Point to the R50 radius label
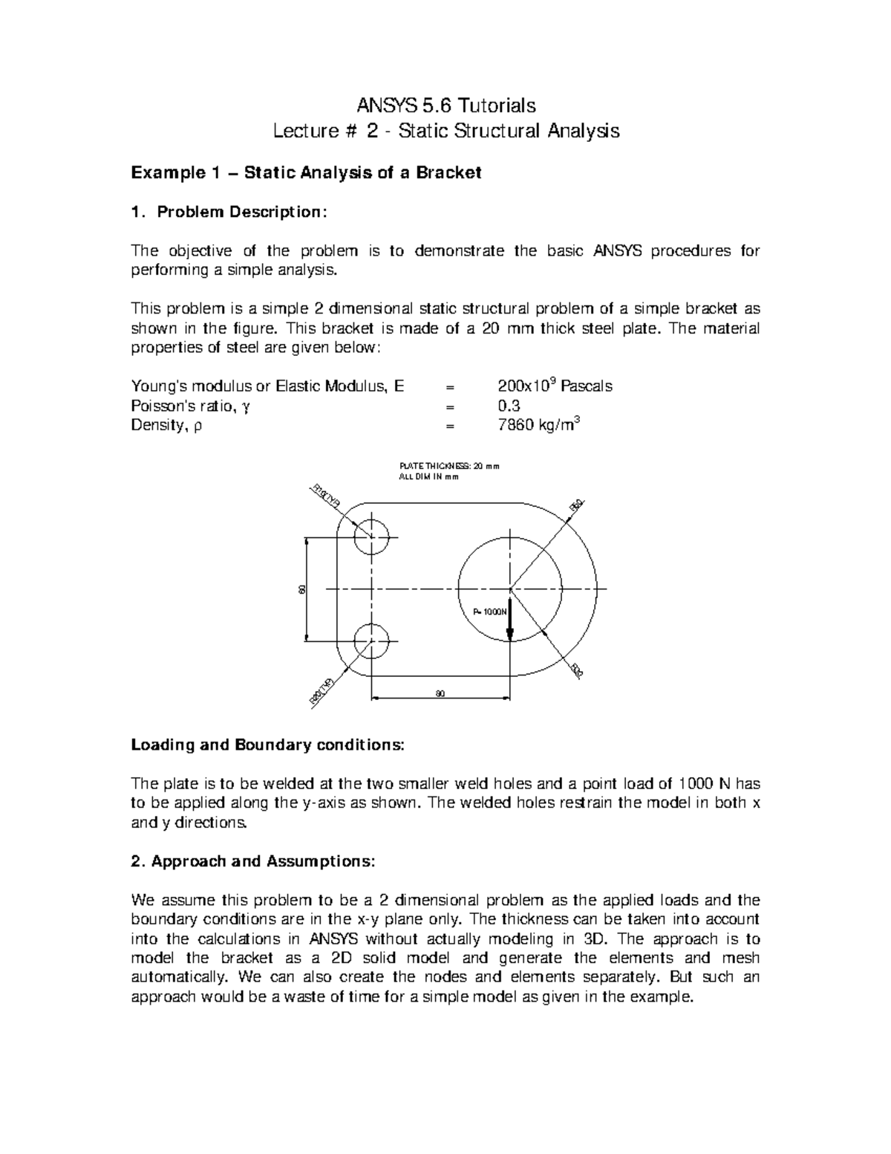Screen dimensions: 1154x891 coord(576,505)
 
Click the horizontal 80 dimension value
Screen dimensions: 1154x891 coord(440,693)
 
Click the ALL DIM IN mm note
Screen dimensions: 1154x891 coord(429,477)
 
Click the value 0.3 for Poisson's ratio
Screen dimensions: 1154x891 coord(509,406)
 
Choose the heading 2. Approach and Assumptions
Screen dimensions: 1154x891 coord(253,861)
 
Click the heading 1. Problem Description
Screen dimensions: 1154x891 coord(228,212)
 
